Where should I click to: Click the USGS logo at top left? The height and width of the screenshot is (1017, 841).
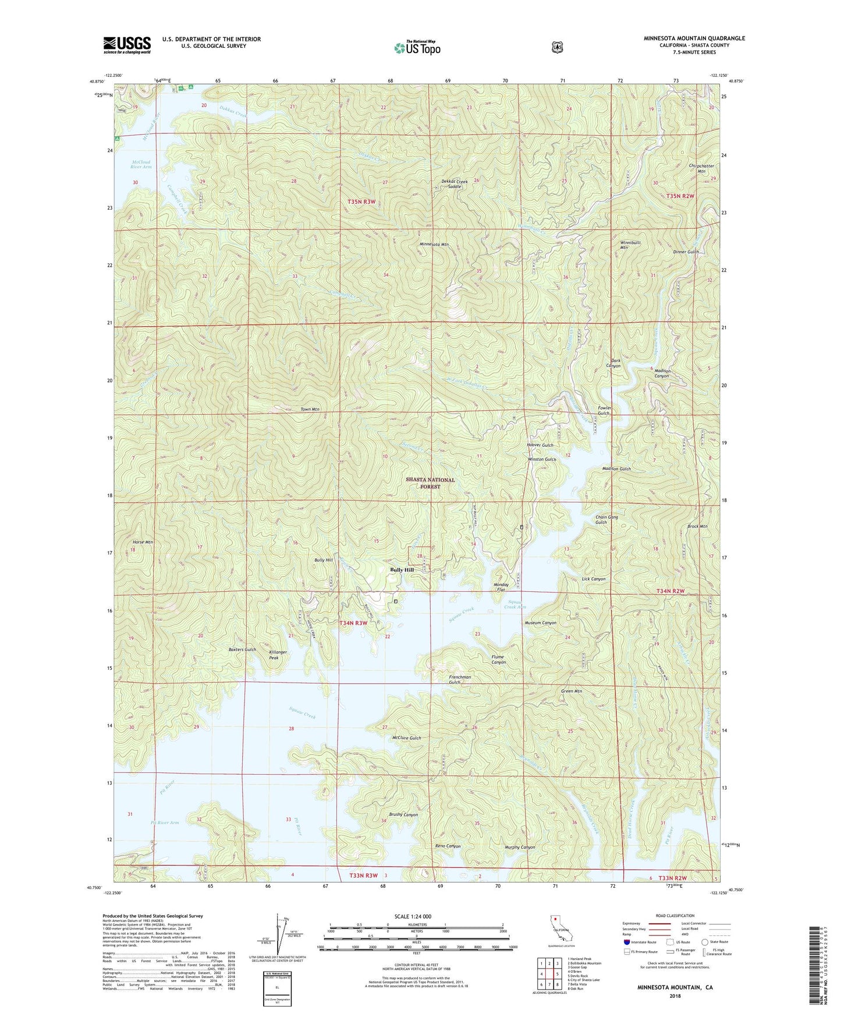coord(127,45)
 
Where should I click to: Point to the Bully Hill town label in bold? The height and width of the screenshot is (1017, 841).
coord(402,570)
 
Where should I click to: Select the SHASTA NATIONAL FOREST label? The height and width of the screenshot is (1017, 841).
coord(430,483)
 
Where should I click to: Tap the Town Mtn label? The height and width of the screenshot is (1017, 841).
coord(310,409)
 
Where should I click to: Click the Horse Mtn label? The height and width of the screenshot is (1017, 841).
coord(143,542)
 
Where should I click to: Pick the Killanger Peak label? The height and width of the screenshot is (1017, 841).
coord(278,655)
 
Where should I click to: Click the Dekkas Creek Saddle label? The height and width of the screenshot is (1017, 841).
coord(451,183)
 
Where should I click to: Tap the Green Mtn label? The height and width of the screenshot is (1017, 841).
coord(571,691)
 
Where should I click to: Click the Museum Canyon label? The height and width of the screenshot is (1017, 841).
coord(540,623)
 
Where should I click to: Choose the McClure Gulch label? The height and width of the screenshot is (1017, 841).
coord(406,738)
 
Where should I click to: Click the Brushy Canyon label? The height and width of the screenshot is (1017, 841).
coord(403,815)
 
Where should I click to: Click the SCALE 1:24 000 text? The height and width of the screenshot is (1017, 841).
coord(413,917)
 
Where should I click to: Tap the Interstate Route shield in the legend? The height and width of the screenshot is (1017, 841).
coord(627,942)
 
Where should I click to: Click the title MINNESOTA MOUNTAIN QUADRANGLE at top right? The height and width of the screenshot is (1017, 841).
coord(694,38)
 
